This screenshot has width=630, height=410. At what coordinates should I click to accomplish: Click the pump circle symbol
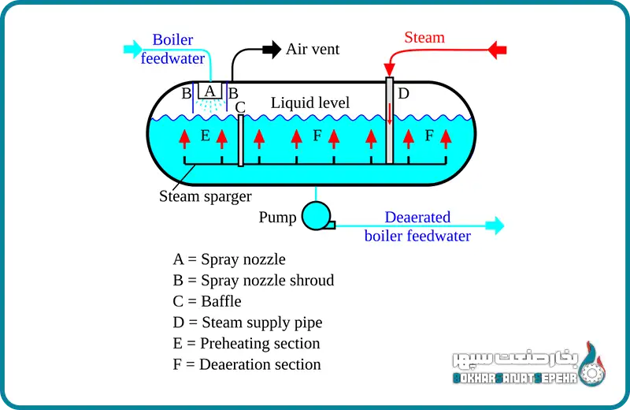[x=317, y=215]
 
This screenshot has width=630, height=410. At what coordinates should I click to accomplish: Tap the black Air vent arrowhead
[x=272, y=49]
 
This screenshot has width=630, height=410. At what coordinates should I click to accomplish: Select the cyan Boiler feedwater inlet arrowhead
[x=130, y=50]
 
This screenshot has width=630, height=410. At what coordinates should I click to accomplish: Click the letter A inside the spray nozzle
[x=209, y=90]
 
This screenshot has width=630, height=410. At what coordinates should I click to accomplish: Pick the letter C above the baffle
[x=240, y=106]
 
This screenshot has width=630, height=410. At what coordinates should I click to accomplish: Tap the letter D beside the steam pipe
[x=403, y=94]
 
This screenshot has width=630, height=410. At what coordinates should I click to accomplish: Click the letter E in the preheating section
[x=205, y=136]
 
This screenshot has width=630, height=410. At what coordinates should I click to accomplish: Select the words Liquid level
[x=310, y=102]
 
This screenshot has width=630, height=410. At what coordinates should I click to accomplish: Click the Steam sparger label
[x=205, y=196]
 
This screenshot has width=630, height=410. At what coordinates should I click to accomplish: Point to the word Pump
[x=277, y=217]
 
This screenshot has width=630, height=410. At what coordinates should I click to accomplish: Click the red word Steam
[x=424, y=37]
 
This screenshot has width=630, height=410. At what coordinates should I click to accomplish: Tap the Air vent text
[x=313, y=49]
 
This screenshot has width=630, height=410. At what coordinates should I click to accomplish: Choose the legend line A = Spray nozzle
[x=229, y=259]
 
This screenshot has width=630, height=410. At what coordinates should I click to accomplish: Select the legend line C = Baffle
[x=207, y=301]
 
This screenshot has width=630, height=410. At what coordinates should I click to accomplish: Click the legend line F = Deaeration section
[x=246, y=364]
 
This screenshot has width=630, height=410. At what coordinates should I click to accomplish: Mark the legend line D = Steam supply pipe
[x=247, y=322]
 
